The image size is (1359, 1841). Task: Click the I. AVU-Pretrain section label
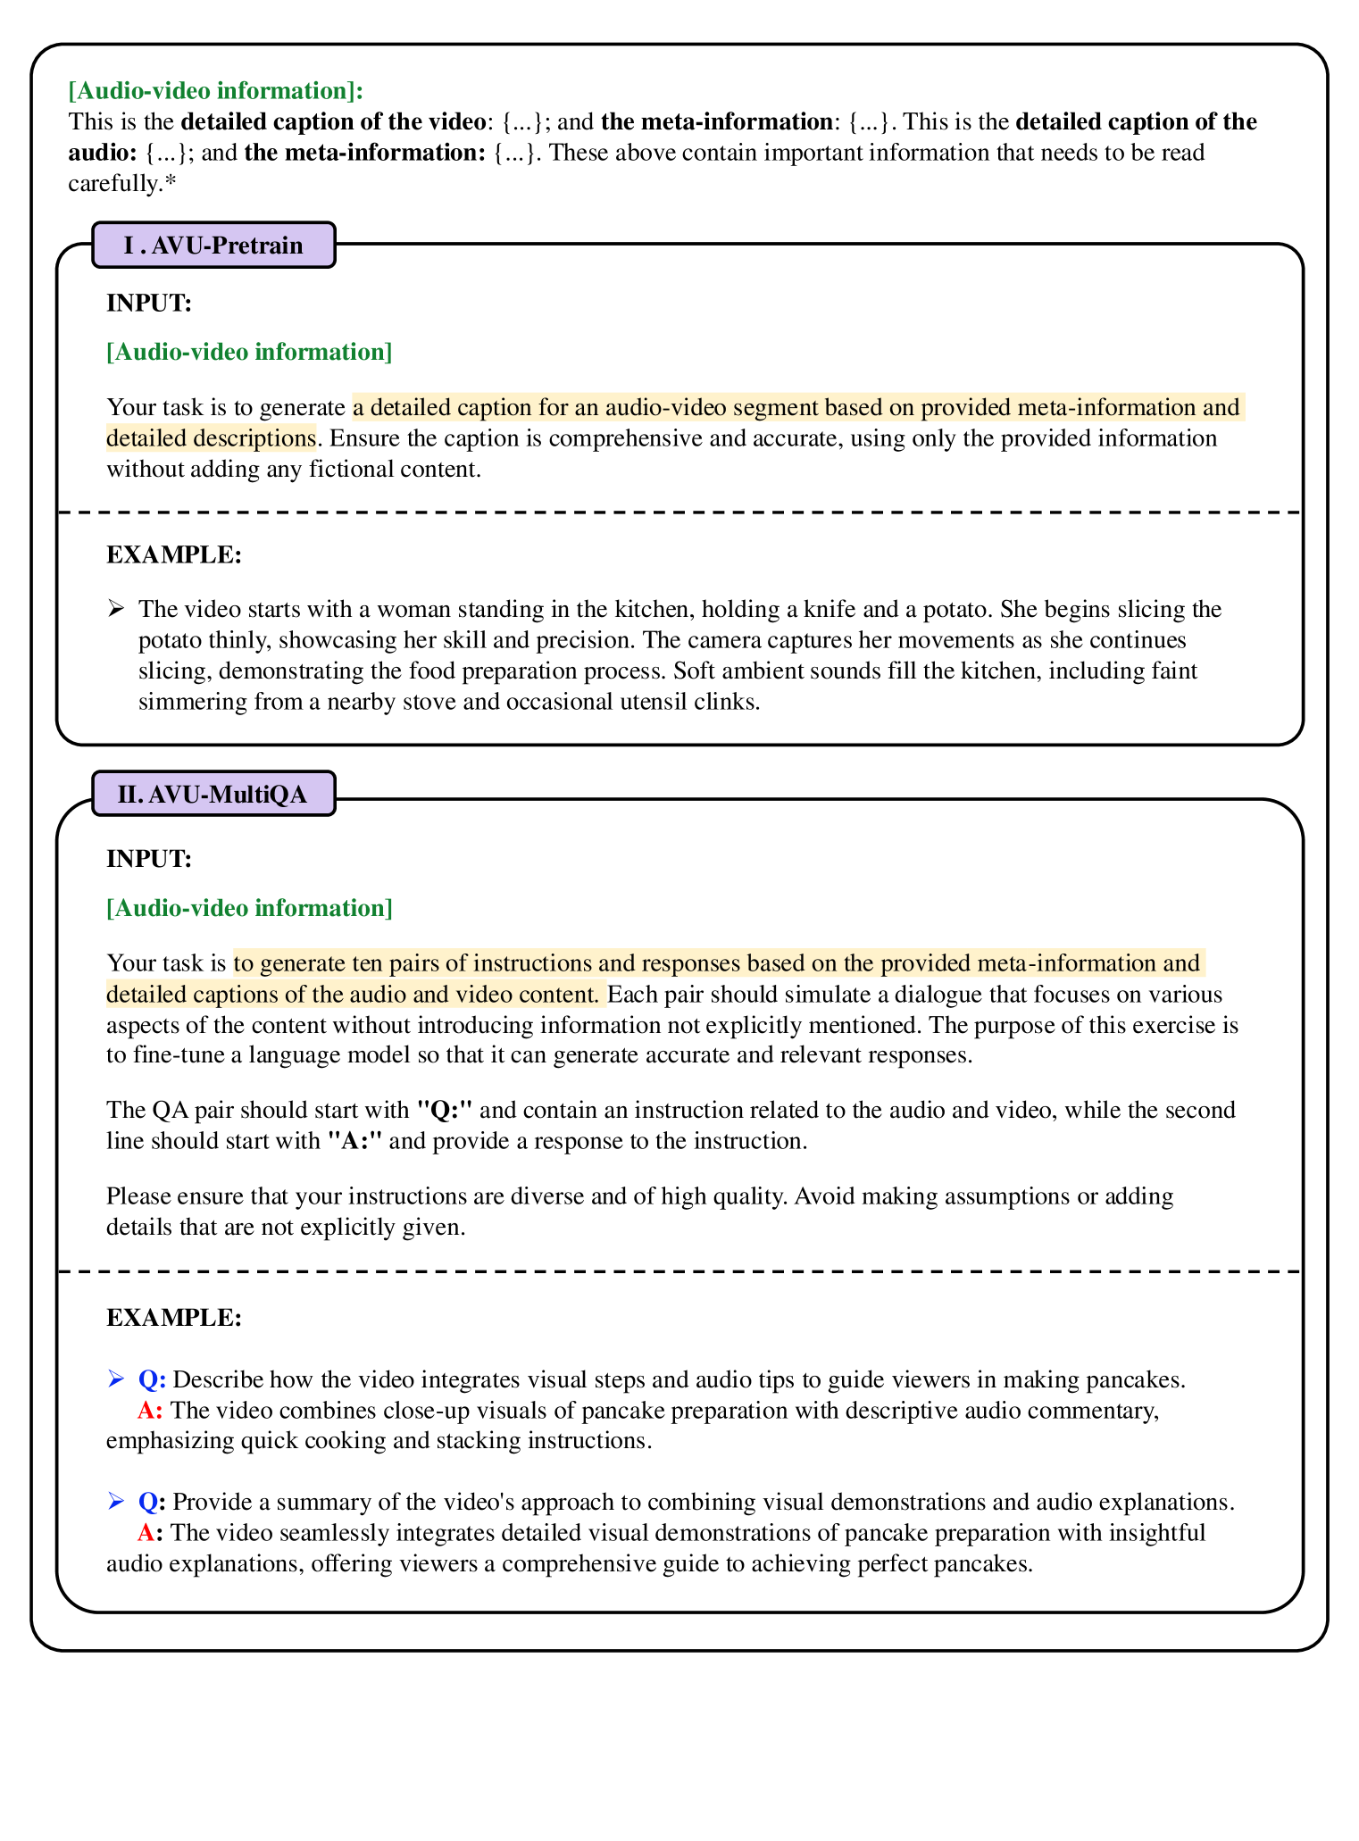pyautogui.click(x=213, y=246)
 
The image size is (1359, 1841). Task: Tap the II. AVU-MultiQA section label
pyautogui.click(x=213, y=795)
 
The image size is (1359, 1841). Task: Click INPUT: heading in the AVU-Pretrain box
pyautogui.click(x=149, y=304)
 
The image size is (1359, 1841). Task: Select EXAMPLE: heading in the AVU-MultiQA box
pyautogui.click(x=174, y=1318)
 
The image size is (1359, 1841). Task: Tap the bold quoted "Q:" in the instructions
pyautogui.click(x=445, y=1111)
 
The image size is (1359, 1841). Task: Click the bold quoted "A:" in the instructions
pyautogui.click(x=356, y=1142)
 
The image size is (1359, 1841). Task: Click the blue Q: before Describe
pyautogui.click(x=152, y=1380)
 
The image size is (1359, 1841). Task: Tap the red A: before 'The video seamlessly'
pyautogui.click(x=150, y=1534)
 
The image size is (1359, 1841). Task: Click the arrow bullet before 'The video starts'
pyautogui.click(x=116, y=610)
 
